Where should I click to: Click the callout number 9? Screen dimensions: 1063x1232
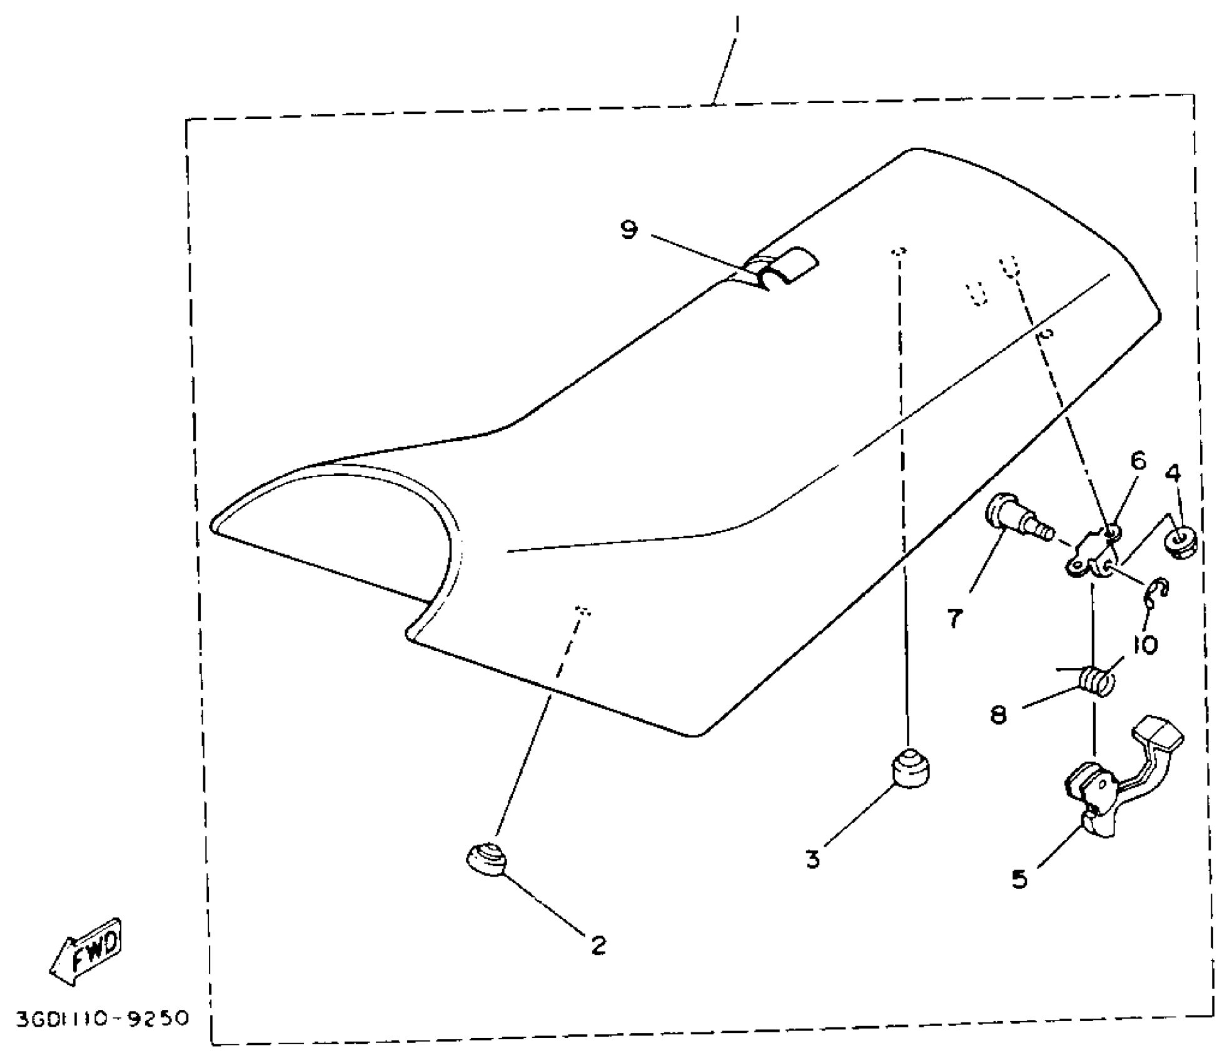tap(629, 230)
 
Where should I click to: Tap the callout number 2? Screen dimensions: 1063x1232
tap(598, 945)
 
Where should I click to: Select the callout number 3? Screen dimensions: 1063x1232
tap(812, 860)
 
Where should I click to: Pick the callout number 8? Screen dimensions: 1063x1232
tap(999, 714)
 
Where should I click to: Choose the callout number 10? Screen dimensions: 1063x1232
tap(1145, 645)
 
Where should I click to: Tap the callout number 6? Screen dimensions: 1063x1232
tap(1138, 461)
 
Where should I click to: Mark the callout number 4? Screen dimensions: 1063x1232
tap(1173, 473)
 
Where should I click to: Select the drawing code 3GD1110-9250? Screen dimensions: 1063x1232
tap(102, 1019)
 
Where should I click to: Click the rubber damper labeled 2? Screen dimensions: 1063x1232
tap(487, 859)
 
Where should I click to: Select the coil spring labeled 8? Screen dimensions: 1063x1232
tap(1098, 680)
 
